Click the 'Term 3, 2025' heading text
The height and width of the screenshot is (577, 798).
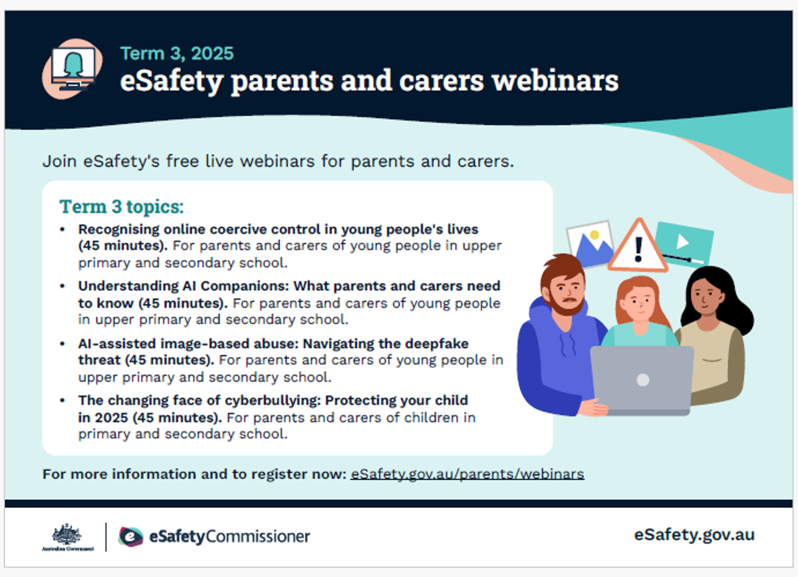pyautogui.click(x=177, y=54)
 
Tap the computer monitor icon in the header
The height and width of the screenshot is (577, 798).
pyautogui.click(x=73, y=69)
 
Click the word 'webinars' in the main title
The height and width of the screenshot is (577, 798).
pyautogui.click(x=555, y=81)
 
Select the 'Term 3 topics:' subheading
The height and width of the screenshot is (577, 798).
pyautogui.click(x=122, y=206)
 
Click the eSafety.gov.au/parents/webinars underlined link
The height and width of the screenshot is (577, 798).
pyautogui.click(x=467, y=475)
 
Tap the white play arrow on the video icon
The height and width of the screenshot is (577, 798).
pyautogui.click(x=682, y=242)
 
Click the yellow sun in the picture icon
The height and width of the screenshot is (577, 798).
pyautogui.click(x=595, y=235)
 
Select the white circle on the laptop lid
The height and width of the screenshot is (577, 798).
pyautogui.click(x=642, y=380)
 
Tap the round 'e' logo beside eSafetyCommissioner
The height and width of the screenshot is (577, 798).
pyautogui.click(x=131, y=536)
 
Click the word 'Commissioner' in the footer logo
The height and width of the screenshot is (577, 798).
pyautogui.click(x=258, y=536)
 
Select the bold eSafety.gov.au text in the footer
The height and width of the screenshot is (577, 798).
pyautogui.click(x=694, y=535)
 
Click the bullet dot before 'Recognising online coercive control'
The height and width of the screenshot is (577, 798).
pyautogui.click(x=63, y=230)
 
